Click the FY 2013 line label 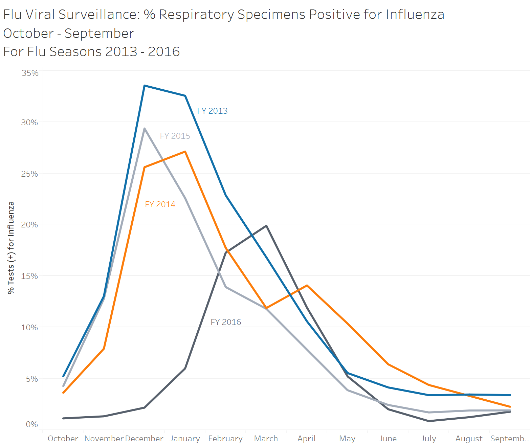coord(212,111)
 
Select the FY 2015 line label coord(175,136)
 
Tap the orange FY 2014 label coord(160,204)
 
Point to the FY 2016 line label coord(226,322)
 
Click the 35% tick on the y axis coord(30,73)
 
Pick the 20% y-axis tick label coord(29,225)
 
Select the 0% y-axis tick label coord(32,424)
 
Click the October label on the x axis coord(63,439)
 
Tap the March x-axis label coord(266,439)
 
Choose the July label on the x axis coord(428,439)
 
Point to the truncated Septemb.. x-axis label coord(510,439)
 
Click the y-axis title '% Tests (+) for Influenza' coord(11,248)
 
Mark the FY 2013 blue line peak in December coord(145,86)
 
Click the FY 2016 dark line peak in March coord(266,226)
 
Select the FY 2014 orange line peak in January coord(185,152)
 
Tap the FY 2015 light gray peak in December coord(145,129)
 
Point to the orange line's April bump coord(307,286)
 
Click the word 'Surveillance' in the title coord(98,15)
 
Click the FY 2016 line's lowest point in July coord(429,421)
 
